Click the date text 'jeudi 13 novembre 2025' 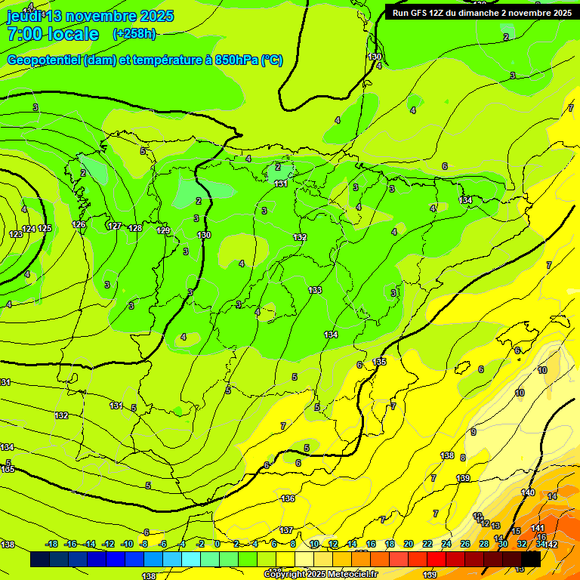pyautogui.click(x=90, y=16)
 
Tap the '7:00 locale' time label pyautogui.click(x=53, y=34)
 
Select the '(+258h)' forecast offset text pyautogui.click(x=134, y=34)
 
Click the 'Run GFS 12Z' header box pyautogui.click(x=481, y=12)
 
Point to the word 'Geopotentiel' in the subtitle pyautogui.click(x=45, y=60)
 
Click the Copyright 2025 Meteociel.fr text pyautogui.click(x=319, y=574)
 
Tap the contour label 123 pyautogui.click(x=16, y=234)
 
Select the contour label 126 pyautogui.click(x=79, y=224)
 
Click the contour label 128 pyautogui.click(x=135, y=228)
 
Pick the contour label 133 pyautogui.click(x=315, y=290)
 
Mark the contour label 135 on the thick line pyautogui.click(x=379, y=362)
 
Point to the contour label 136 pyautogui.click(x=288, y=498)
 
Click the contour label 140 pyautogui.click(x=528, y=492)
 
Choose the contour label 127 pyautogui.click(x=115, y=226)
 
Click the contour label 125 pyautogui.click(x=45, y=228)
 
